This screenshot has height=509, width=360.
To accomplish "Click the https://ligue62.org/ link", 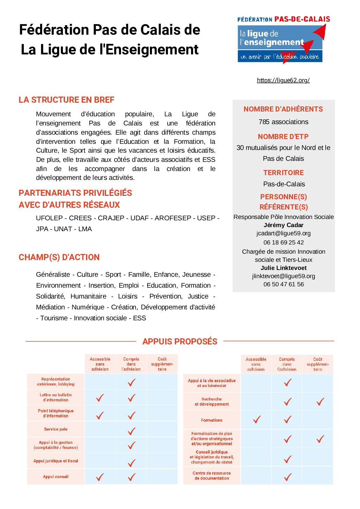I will (x=283, y=80).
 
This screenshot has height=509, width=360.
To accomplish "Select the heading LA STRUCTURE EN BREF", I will (x=66, y=100).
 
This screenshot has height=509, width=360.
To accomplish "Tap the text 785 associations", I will (x=284, y=122).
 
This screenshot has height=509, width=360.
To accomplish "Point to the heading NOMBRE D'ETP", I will (x=283, y=137).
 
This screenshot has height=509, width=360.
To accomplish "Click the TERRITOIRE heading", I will (x=284, y=173).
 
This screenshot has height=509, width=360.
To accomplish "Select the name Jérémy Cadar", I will (x=284, y=225).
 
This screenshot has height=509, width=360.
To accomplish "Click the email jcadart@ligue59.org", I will (x=284, y=233).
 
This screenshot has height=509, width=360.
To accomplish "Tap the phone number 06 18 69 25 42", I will (x=284, y=242).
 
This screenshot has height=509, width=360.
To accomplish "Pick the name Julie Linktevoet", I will (x=284, y=268).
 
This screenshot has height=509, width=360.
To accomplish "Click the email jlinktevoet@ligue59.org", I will (x=284, y=276).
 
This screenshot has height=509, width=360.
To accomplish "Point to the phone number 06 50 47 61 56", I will (x=284, y=284).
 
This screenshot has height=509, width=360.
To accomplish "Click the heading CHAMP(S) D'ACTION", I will (x=59, y=257).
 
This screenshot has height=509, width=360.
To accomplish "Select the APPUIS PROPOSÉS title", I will (x=180, y=342).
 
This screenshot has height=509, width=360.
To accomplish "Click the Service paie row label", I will (x=56, y=429).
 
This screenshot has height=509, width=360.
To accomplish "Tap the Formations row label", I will (x=211, y=420).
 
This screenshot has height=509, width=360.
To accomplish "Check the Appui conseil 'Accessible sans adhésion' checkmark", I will (x=100, y=477).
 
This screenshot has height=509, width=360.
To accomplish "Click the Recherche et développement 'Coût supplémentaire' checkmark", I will (x=320, y=402).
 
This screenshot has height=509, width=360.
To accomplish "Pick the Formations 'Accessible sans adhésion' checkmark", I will (x=257, y=420).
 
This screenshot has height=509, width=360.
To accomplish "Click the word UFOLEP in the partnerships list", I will (x=49, y=218).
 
